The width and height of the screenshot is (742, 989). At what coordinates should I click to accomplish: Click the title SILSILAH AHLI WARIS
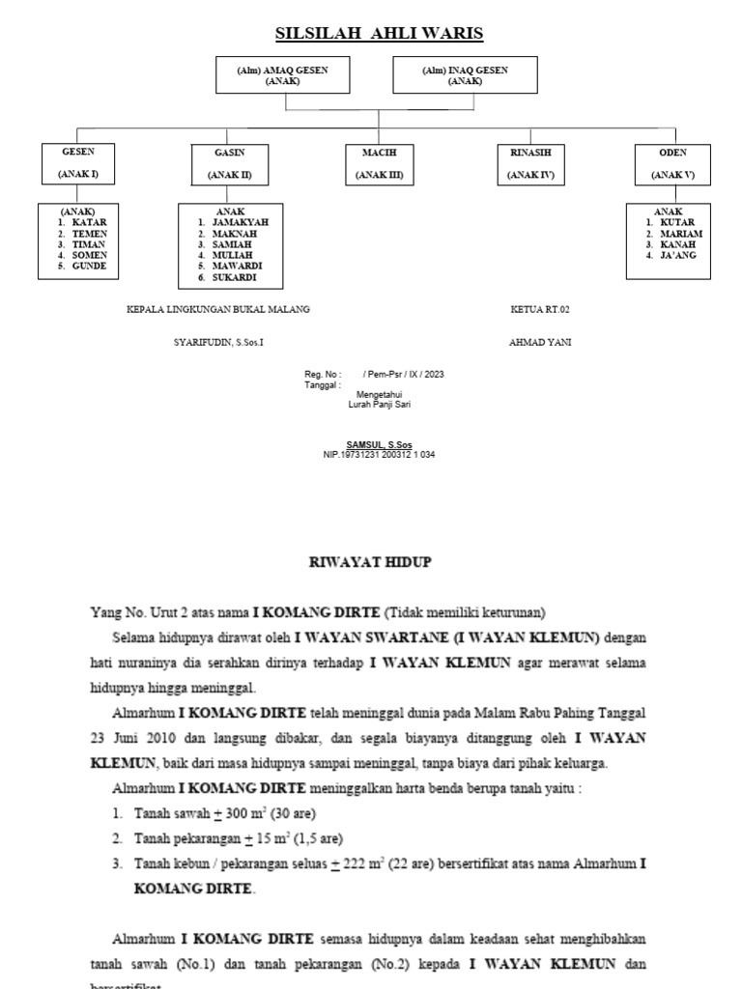point(379,35)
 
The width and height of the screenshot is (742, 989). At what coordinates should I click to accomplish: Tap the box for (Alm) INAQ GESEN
point(465,75)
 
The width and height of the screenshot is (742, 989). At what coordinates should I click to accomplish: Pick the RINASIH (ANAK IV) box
point(530,164)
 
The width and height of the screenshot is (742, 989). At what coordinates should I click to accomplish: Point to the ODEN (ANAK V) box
point(672,164)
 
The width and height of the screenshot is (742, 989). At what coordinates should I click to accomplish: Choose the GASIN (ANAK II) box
point(229,164)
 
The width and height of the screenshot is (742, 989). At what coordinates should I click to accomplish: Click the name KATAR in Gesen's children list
point(89,222)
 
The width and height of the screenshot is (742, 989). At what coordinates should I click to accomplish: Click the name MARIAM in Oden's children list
point(681,234)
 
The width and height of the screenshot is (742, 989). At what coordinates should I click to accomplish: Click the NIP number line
point(380,454)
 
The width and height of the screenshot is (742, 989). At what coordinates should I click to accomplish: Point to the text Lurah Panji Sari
point(379,405)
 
